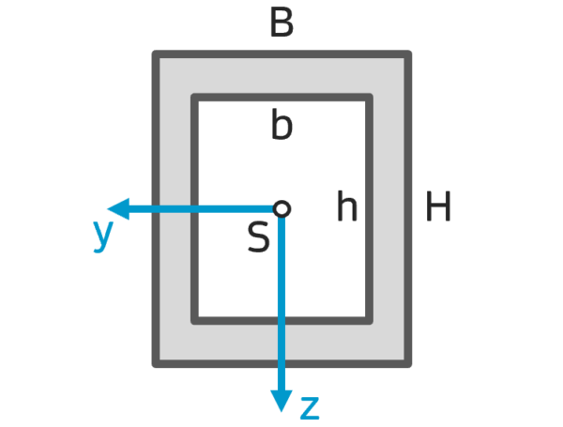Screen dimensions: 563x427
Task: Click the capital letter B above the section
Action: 281,23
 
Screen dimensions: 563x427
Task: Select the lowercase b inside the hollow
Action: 281,124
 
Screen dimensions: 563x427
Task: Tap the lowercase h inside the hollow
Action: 347,206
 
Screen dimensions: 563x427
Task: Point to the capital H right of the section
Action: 438,206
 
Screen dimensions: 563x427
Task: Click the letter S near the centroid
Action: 259,237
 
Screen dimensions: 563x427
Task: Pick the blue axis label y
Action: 103,236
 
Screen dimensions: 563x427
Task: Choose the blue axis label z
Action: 310,408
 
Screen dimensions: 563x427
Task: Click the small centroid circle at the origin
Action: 281,208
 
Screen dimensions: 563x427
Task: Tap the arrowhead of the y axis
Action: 118,208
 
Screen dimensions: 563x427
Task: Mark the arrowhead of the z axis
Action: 281,401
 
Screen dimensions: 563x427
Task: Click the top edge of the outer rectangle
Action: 281,54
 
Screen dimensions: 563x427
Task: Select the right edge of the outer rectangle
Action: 408,209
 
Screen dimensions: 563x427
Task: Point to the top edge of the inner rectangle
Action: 281,98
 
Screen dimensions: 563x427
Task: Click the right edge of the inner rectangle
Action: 369,209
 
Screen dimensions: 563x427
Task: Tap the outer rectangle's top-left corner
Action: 156,54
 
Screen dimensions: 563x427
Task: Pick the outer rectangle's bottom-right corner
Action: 408,364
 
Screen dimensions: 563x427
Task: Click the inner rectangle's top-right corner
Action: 369,98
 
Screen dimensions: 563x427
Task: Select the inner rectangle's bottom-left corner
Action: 194,321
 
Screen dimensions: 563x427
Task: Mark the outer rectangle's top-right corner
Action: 408,54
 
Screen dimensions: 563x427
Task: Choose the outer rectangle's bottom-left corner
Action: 156,364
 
